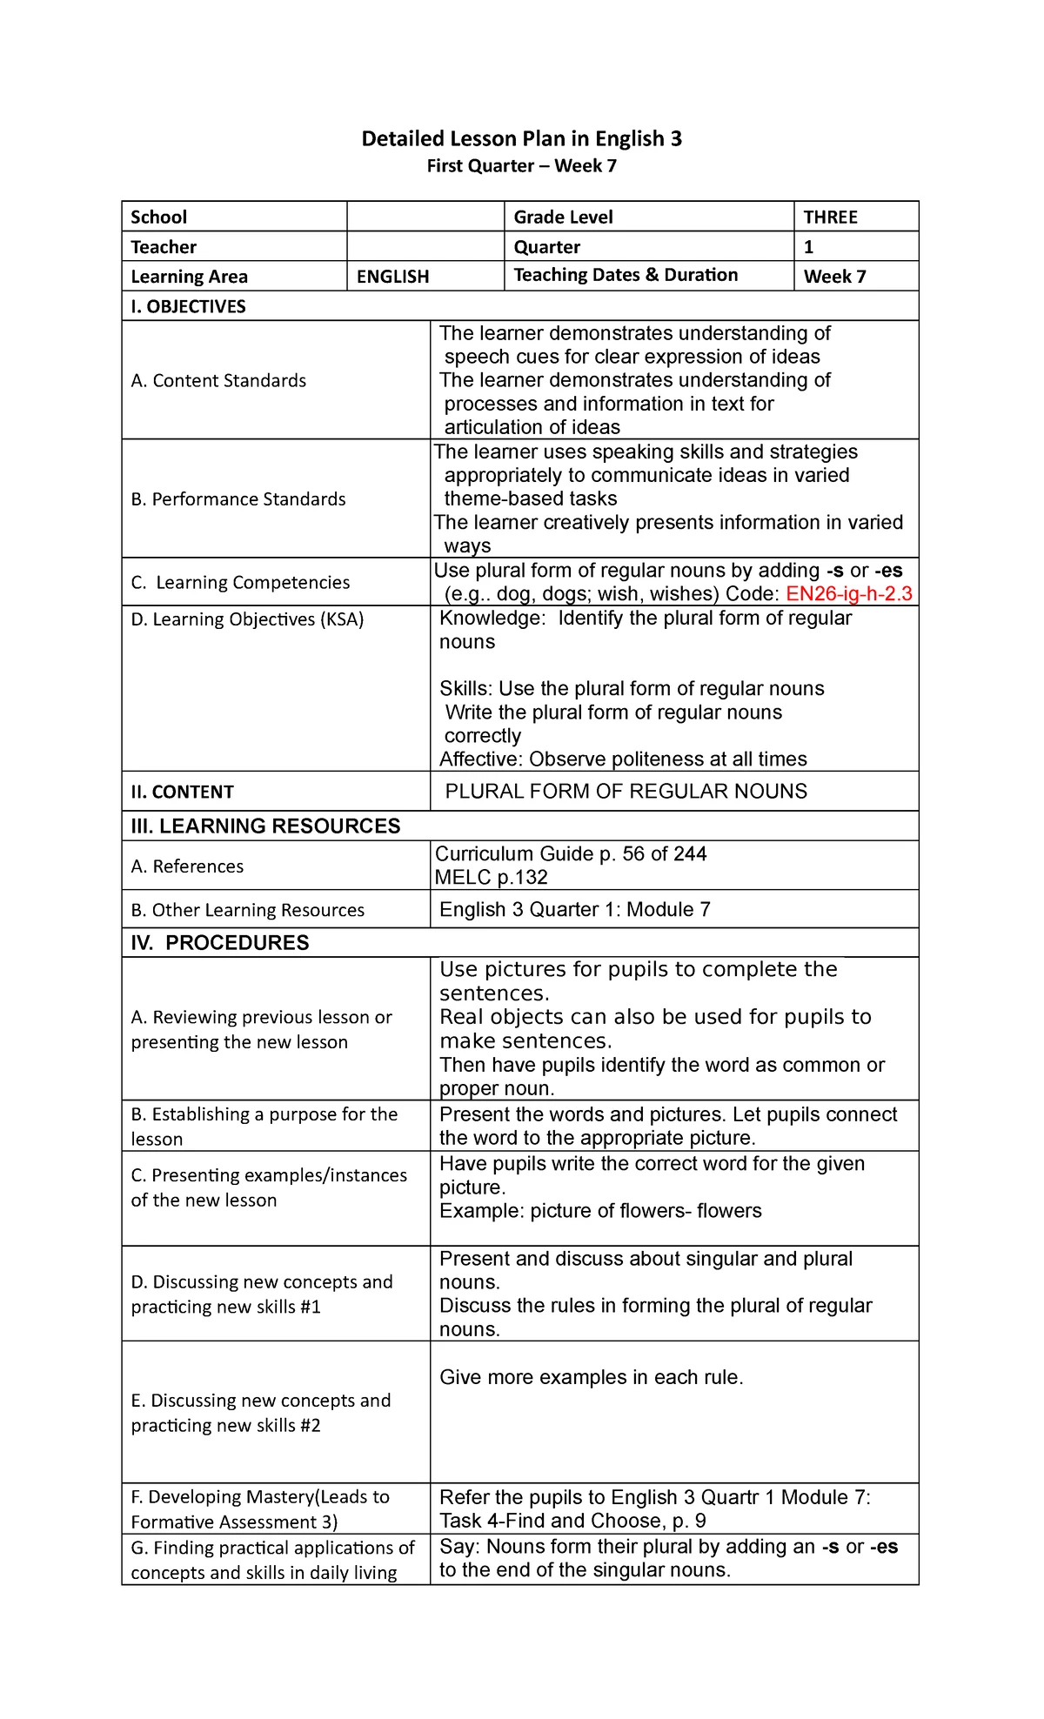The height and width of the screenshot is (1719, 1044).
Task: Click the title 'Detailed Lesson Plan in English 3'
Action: pos(521,138)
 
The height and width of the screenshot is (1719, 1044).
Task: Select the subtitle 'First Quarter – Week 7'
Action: pos(521,166)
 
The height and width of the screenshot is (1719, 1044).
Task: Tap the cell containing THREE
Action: pos(830,217)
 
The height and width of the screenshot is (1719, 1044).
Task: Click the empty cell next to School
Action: pos(425,217)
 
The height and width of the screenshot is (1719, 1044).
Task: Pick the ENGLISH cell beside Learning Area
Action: pos(392,277)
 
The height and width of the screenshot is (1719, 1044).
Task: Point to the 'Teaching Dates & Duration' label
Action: pos(626,275)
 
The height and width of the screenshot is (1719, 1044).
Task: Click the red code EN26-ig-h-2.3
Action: pos(848,594)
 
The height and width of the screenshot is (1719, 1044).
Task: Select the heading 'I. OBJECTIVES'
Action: pos(188,306)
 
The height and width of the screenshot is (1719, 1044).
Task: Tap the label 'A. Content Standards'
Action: pos(218,380)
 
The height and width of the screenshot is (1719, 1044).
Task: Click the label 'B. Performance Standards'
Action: pos(238,499)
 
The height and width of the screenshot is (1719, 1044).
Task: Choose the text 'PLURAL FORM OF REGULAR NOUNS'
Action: pos(626,791)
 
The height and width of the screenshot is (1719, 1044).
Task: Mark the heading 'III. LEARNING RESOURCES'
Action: pos(265,826)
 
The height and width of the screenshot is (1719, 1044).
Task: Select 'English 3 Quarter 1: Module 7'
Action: pos(574,910)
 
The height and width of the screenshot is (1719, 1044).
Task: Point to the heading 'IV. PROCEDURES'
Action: pos(219,943)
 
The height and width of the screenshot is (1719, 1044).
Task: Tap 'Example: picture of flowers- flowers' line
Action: pos(600,1211)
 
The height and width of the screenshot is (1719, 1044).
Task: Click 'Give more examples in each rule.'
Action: pos(591,1377)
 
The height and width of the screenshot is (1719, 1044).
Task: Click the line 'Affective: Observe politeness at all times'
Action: pos(623,759)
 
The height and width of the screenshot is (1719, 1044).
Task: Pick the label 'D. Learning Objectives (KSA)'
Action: pos(247,619)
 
